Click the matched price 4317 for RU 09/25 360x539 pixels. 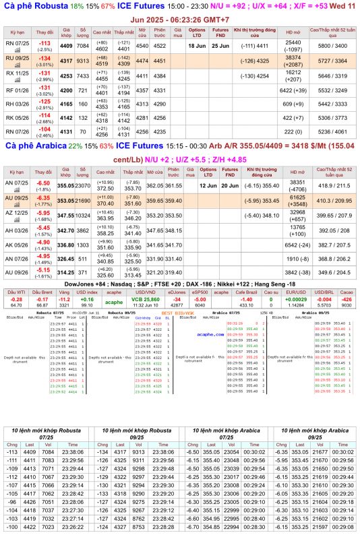66,60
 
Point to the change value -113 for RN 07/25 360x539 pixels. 44,42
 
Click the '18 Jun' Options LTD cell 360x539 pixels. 197,46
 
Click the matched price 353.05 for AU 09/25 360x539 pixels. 66,200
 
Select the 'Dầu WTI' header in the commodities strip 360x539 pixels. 16,292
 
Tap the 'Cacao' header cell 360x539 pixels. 347,292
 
